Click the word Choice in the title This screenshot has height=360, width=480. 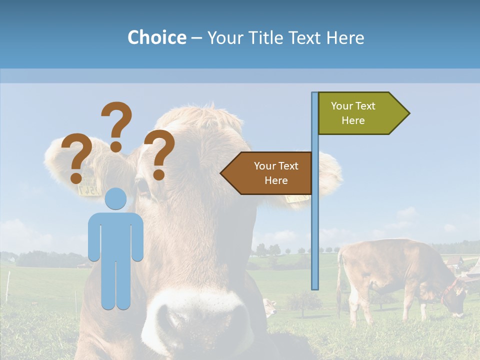[156, 38]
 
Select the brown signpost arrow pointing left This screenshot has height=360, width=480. [267, 173]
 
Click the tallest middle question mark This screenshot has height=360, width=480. [116, 125]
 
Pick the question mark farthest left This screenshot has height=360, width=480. [76, 157]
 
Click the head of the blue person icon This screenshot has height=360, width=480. [115, 198]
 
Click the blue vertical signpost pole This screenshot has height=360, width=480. [314, 225]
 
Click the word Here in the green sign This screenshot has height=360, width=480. [353, 120]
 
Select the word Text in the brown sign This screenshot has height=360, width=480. [287, 166]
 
